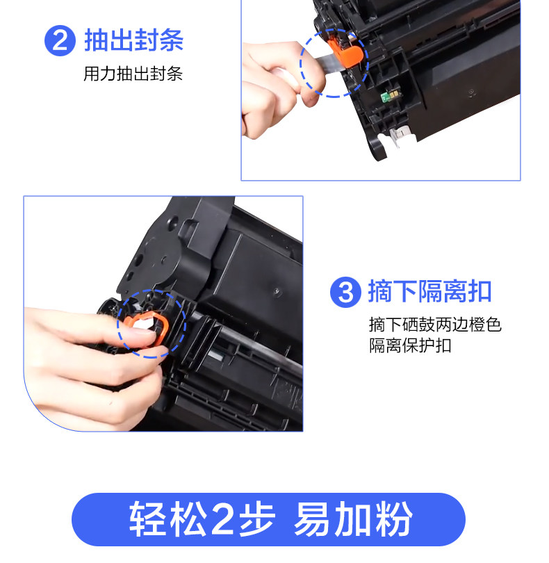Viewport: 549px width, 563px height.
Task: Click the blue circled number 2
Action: pos(60,40)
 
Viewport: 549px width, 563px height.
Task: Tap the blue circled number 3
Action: pos(345,292)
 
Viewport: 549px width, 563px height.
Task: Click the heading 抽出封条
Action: pos(134,40)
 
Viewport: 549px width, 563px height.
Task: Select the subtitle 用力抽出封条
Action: pos(133,74)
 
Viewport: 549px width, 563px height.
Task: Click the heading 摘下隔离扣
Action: pos(429,291)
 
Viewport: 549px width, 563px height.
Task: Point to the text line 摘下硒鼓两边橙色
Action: pos(435,325)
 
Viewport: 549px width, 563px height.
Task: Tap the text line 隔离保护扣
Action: pos(410,345)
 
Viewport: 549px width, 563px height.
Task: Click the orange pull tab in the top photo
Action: pos(344,52)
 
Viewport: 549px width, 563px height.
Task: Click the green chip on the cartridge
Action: pos(391,95)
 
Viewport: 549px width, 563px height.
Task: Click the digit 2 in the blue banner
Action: pos(223,520)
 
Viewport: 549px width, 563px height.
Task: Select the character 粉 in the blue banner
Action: pos(393,519)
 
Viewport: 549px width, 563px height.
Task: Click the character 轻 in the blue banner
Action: pos(147,519)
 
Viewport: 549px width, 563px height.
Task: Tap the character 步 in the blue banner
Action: pos(256,519)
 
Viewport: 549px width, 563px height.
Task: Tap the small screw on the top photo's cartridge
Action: pos(470,92)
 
